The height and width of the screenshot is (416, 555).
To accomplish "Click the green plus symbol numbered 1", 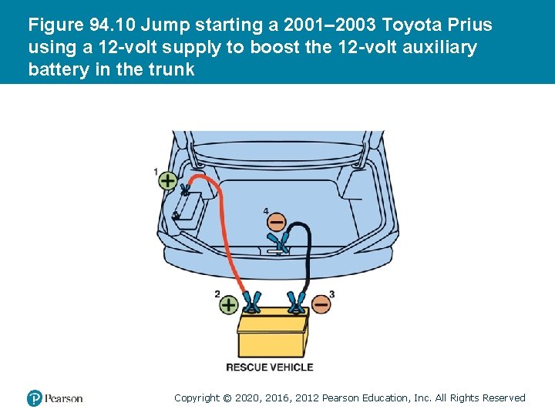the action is [167, 181].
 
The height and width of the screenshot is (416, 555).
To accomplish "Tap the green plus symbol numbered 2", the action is [229, 304].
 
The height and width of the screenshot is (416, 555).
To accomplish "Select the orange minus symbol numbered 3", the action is [321, 304].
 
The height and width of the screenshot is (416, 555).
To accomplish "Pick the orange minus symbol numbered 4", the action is [276, 222].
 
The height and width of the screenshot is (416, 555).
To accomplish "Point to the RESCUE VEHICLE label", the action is [270, 367].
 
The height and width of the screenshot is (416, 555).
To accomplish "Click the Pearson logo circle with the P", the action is [35, 398].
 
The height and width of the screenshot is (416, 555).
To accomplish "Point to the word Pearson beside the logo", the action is [64, 399].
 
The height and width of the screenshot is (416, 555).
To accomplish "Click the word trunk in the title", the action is [171, 69].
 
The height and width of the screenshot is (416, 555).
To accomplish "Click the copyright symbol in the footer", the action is [227, 398].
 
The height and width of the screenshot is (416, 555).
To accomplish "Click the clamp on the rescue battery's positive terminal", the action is [252, 302].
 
